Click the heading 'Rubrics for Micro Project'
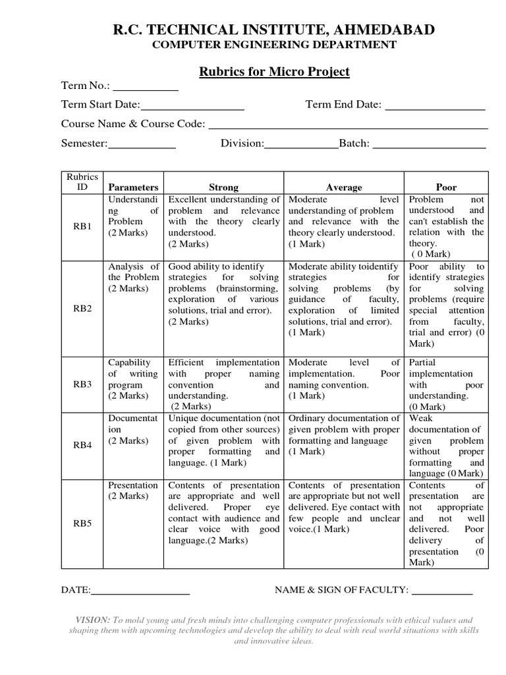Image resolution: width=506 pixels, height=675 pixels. pyautogui.click(x=274, y=72)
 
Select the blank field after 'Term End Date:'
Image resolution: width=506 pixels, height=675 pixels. pyautogui.click(x=435, y=105)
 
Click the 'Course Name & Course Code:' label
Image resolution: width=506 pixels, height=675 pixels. pyautogui.click(x=133, y=124)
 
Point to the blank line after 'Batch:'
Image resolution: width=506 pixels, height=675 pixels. pyautogui.click(x=429, y=144)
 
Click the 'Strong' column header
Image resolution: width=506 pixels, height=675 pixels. pyautogui.click(x=223, y=187)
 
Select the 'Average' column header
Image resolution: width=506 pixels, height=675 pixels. pyautogui.click(x=344, y=187)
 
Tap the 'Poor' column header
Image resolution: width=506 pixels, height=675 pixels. pyautogui.click(x=446, y=187)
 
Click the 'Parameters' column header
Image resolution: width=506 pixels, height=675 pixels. pyautogui.click(x=134, y=187)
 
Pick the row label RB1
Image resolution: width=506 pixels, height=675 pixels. pyautogui.click(x=82, y=226)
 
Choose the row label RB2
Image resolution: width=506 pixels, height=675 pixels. pyautogui.click(x=82, y=308)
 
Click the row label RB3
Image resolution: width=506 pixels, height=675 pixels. pyautogui.click(x=82, y=384)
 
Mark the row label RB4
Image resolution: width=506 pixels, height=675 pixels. pyautogui.click(x=82, y=446)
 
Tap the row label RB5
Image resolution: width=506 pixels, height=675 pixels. pyautogui.click(x=82, y=523)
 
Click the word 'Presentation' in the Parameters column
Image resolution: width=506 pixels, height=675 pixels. pyautogui.click(x=133, y=485)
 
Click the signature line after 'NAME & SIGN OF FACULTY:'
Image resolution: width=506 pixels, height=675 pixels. pyautogui.click(x=442, y=591)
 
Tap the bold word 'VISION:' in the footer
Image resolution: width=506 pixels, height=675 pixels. pyautogui.click(x=92, y=620)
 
